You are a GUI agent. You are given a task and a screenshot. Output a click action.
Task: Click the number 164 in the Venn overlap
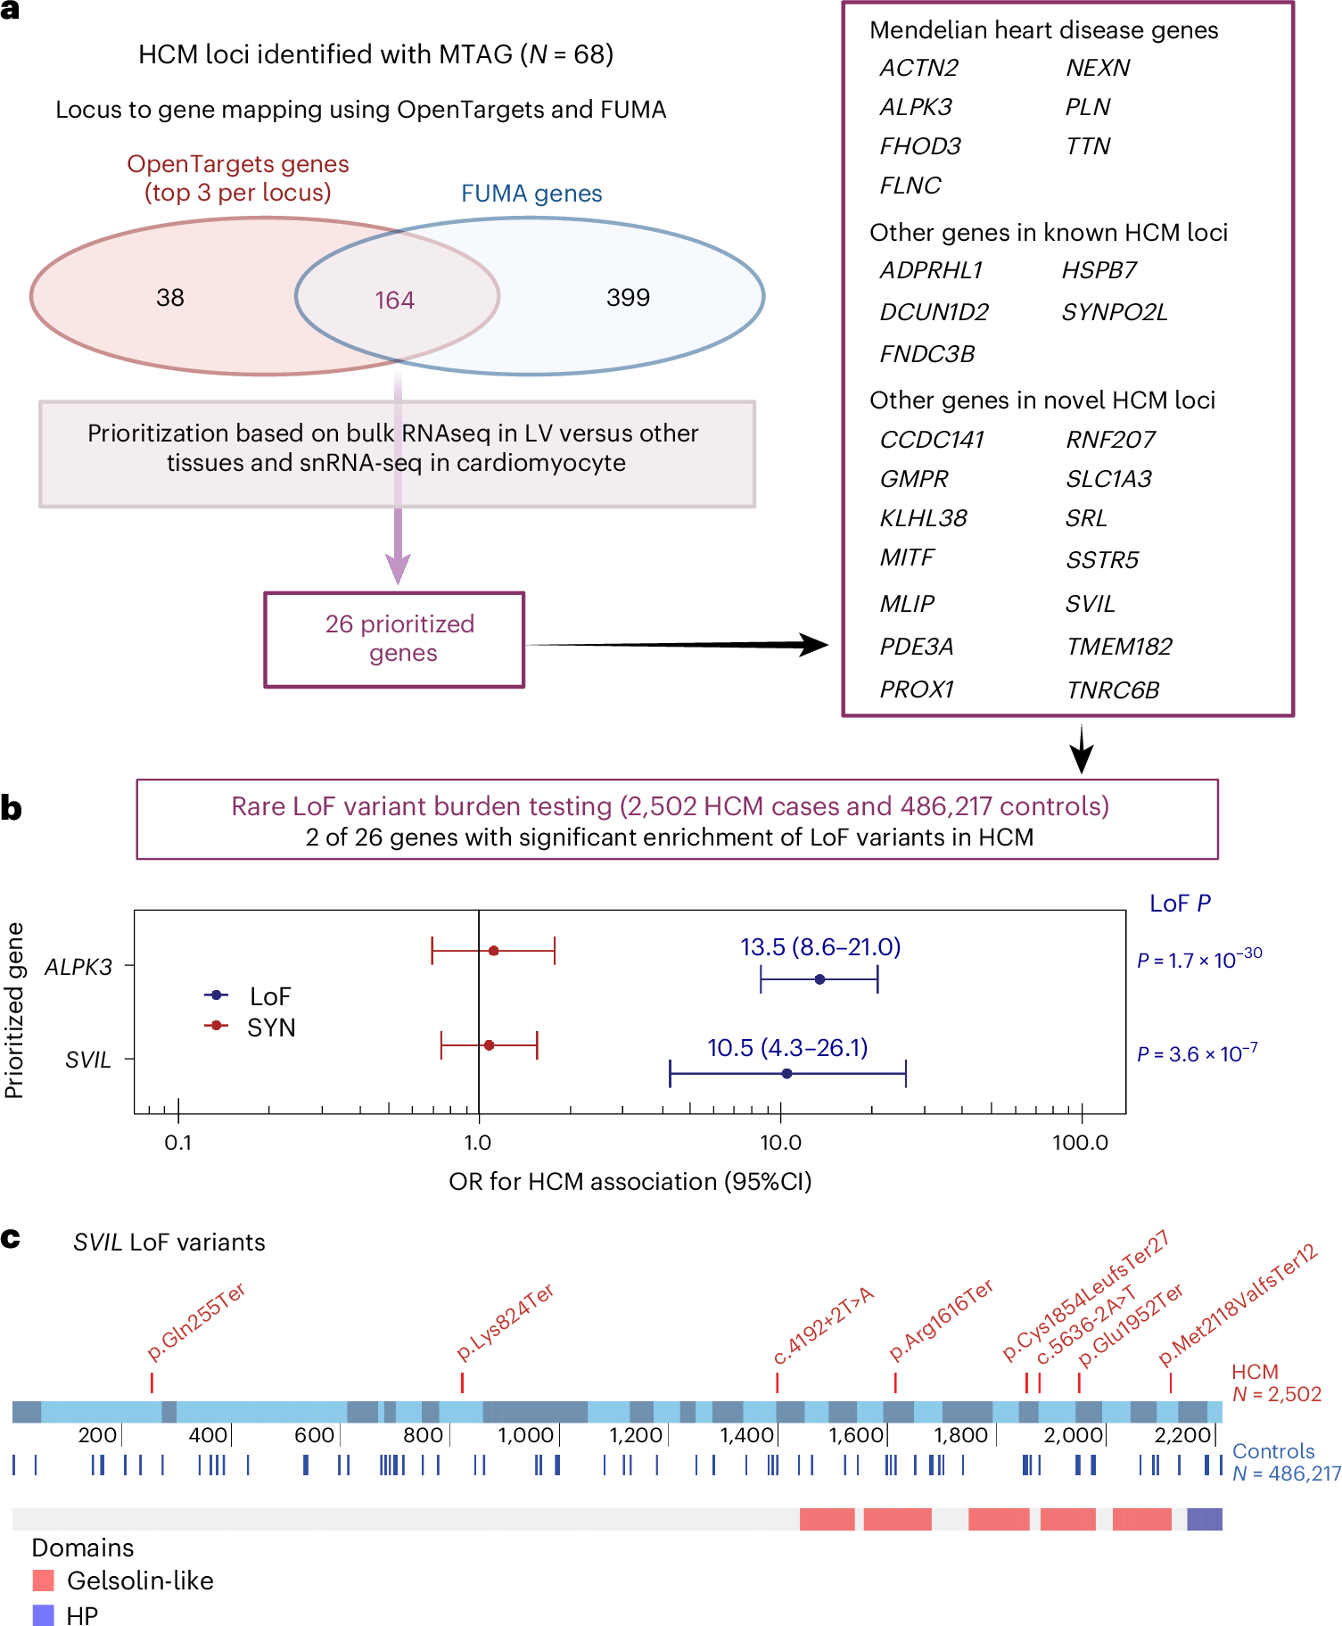(x=394, y=300)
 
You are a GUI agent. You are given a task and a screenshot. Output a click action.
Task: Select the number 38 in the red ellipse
(x=170, y=297)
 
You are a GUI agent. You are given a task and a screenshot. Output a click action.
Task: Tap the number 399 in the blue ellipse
(x=628, y=297)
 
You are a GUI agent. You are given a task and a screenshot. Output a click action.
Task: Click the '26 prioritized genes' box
(x=394, y=639)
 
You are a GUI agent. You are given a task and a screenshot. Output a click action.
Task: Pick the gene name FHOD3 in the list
(x=919, y=146)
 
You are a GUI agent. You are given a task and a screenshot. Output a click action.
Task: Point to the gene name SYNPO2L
(x=1114, y=312)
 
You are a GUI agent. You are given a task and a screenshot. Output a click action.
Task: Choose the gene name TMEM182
(x=1119, y=647)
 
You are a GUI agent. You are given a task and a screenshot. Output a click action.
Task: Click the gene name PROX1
(x=916, y=689)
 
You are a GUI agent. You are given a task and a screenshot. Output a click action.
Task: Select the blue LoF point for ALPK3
(x=819, y=979)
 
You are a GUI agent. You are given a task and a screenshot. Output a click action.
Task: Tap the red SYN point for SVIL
(x=489, y=1044)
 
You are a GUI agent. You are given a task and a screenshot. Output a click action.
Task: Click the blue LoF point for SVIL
(x=786, y=1073)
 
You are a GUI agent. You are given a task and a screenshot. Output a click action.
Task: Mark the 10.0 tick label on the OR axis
(x=780, y=1143)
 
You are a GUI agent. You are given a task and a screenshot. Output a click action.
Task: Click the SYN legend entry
(x=270, y=1028)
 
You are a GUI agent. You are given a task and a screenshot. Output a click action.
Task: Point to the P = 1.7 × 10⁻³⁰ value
(x=1198, y=960)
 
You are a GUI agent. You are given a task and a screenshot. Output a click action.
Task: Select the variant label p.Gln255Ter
(x=195, y=1322)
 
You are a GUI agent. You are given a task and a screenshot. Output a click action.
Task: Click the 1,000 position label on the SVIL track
(x=525, y=1434)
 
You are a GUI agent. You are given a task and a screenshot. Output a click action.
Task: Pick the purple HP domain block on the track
(x=1204, y=1519)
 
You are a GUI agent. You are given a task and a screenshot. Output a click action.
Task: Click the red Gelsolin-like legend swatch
(x=43, y=1581)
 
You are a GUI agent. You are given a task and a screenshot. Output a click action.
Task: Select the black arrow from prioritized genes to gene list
(x=678, y=644)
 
